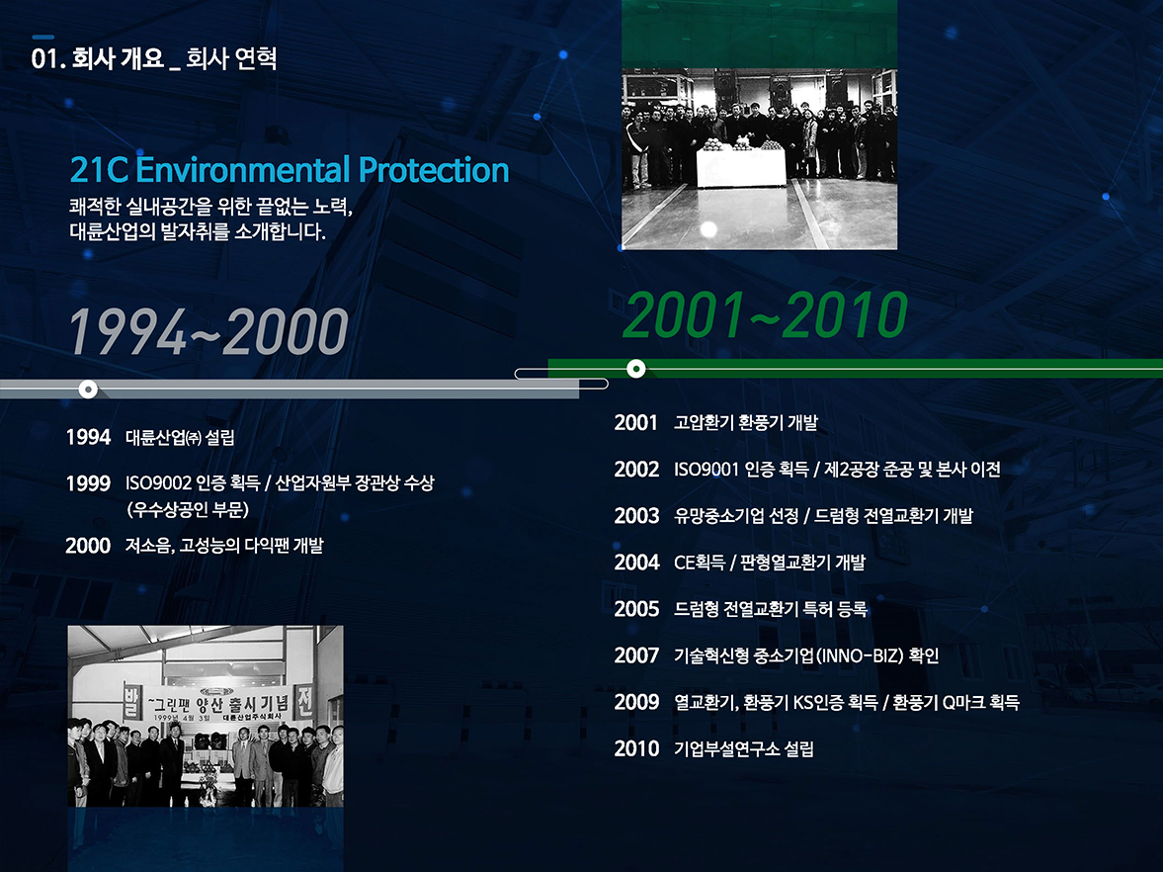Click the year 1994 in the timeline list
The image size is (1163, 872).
[x=88, y=437]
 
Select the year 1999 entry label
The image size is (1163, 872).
[x=88, y=483]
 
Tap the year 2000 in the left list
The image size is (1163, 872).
[x=88, y=545]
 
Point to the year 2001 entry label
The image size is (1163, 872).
[x=636, y=423]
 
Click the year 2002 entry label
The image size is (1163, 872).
[x=636, y=470]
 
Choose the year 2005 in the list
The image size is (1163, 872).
[x=636, y=609]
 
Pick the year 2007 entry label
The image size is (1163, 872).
[x=636, y=655]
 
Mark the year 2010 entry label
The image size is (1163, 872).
[x=636, y=748]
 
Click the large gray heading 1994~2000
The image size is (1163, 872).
[x=208, y=332]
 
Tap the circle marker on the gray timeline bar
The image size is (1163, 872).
[x=88, y=389]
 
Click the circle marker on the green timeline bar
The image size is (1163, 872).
[x=636, y=369]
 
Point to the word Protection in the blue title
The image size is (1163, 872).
[x=434, y=170]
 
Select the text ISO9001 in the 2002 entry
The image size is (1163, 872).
[x=706, y=470]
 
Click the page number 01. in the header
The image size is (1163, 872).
[x=46, y=59]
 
